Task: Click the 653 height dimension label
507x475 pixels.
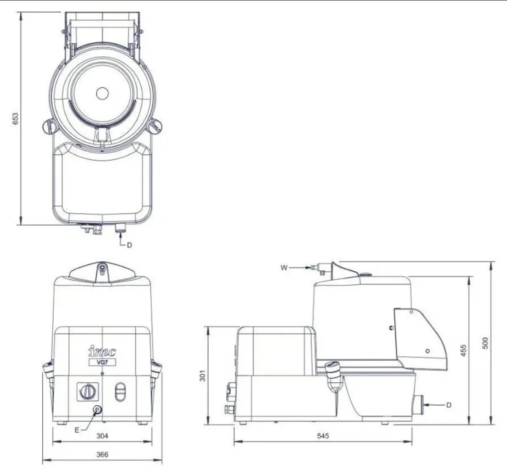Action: pyautogui.click(x=15, y=118)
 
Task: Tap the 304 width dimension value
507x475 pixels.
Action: pyautogui.click(x=102, y=436)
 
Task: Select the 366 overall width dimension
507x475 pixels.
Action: pyautogui.click(x=102, y=454)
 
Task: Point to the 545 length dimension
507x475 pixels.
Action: pyautogui.click(x=322, y=436)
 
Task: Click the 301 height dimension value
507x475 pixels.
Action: pyautogui.click(x=203, y=375)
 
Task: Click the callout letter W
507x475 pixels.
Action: pyautogui.click(x=284, y=268)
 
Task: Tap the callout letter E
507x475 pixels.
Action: pyautogui.click(x=77, y=430)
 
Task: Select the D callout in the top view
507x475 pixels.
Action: pyautogui.click(x=129, y=245)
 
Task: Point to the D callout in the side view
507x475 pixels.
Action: pyautogui.click(x=449, y=405)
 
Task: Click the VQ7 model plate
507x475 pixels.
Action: pyautogui.click(x=101, y=362)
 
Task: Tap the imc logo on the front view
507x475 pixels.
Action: pyautogui.click(x=102, y=352)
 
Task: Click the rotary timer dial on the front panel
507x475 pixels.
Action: pyautogui.click(x=88, y=391)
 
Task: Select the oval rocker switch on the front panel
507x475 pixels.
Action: pyautogui.click(x=120, y=391)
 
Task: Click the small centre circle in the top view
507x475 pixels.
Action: pyautogui.click(x=102, y=93)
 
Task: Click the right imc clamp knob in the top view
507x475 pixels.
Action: pyautogui.click(x=155, y=126)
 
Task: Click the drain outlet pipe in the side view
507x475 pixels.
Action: pyautogui.click(x=419, y=405)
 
